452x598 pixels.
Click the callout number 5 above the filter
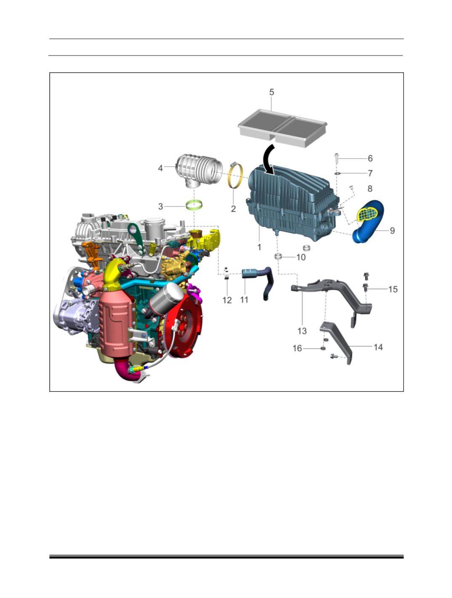[271, 92]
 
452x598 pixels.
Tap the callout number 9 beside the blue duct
[392, 231]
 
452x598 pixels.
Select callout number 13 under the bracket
[302, 331]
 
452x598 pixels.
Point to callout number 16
[297, 348]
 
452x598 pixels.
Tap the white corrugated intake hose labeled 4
[199, 171]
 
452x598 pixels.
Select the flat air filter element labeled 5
[282, 128]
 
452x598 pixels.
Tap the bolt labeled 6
[337, 158]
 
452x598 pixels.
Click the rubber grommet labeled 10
[278, 256]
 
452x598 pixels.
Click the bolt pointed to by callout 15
[366, 287]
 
